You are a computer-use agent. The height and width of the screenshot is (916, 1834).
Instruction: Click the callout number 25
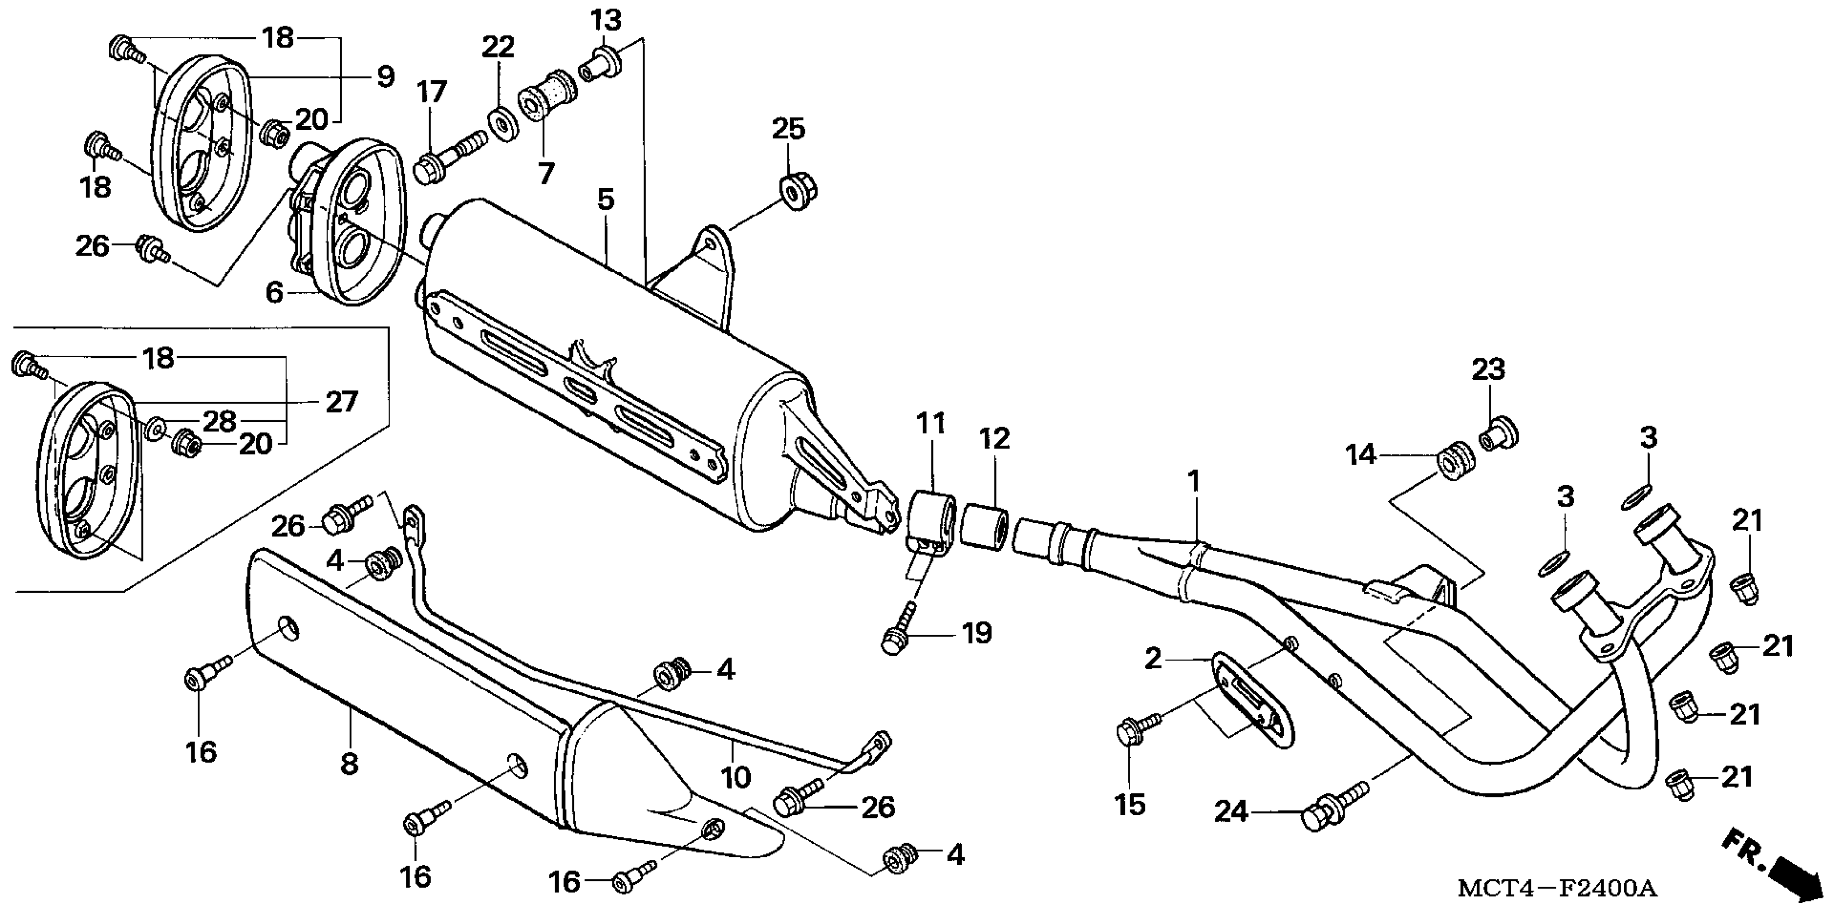click(x=788, y=129)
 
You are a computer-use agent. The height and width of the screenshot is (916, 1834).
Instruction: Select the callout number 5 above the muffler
click(x=605, y=199)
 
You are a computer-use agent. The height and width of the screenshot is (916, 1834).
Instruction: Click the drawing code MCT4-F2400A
click(x=1557, y=888)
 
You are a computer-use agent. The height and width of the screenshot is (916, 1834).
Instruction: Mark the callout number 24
click(x=1231, y=811)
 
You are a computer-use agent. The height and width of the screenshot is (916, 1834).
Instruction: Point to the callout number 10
click(x=736, y=776)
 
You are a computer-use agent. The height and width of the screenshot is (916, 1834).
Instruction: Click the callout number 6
click(x=275, y=293)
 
